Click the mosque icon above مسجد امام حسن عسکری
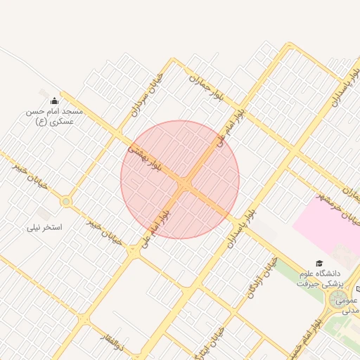55,101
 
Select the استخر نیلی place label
44,227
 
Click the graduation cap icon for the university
320,263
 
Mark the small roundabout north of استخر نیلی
66,202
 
